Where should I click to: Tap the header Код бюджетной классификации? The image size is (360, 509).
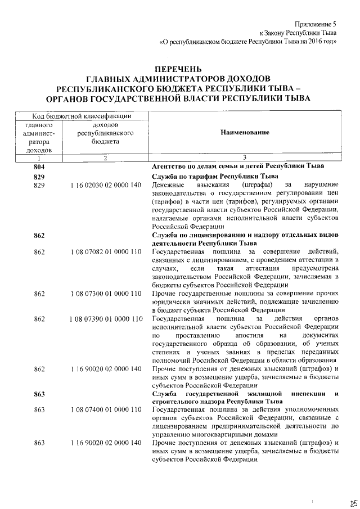82,115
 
